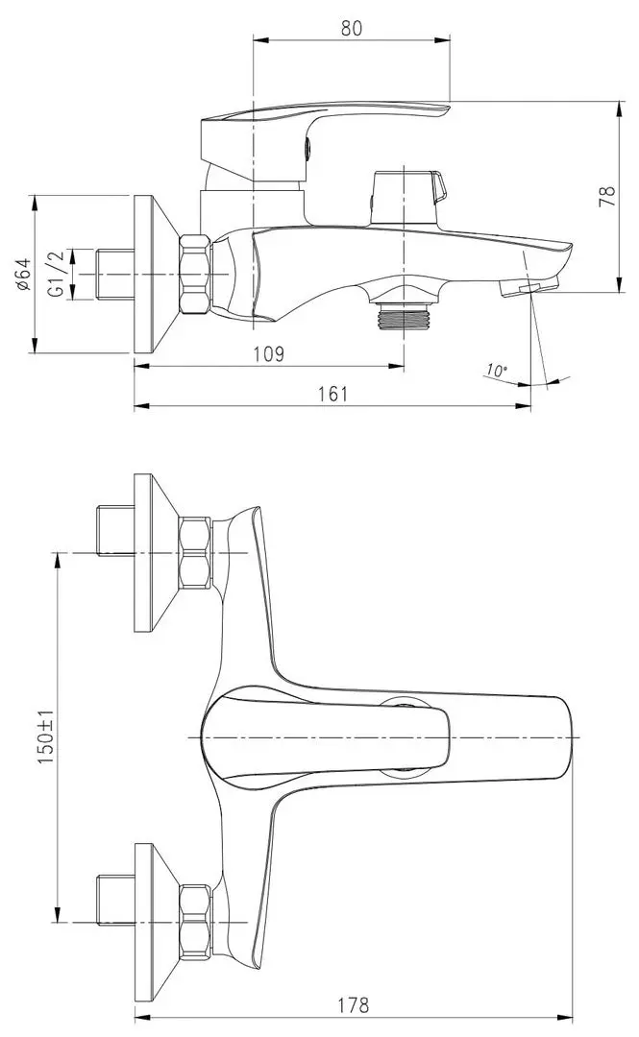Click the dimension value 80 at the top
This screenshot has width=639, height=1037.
(x=351, y=28)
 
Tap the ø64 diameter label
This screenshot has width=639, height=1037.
(x=22, y=274)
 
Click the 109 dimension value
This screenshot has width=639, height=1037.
(x=269, y=354)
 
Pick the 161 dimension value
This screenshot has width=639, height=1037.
(x=332, y=394)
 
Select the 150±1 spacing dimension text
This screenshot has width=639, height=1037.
(x=44, y=736)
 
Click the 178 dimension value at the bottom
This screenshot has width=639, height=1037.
(x=353, y=1006)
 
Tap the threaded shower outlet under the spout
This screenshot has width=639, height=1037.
(x=403, y=317)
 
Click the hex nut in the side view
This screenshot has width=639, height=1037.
(x=195, y=274)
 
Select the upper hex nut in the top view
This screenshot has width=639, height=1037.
(x=195, y=552)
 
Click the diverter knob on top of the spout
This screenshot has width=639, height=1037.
(x=408, y=197)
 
